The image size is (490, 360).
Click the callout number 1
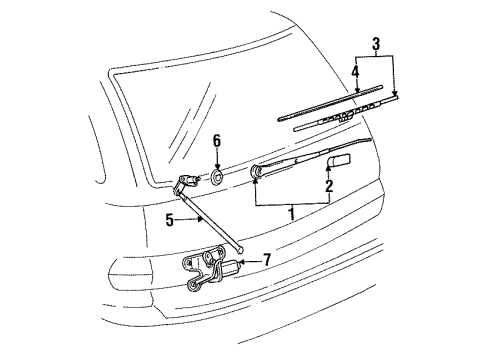[x=292, y=213]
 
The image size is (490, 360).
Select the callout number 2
[x=329, y=186]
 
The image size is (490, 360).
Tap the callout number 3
[x=376, y=43]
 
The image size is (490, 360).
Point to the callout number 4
[x=356, y=72]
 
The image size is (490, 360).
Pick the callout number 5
[x=170, y=220]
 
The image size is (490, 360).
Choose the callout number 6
[x=217, y=141]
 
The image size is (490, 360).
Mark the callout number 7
[x=267, y=260]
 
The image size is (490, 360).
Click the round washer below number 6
[x=217, y=176]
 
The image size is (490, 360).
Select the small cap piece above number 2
[x=339, y=160]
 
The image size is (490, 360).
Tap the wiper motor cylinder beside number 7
[x=229, y=266]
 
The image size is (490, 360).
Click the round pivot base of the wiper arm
[x=256, y=171]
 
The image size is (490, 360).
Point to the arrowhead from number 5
[x=200, y=219]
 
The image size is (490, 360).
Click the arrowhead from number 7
[x=242, y=262]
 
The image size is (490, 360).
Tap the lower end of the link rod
[x=241, y=248]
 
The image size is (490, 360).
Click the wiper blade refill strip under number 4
[x=330, y=103]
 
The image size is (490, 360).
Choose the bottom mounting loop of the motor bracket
[x=192, y=285]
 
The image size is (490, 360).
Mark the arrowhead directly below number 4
[x=356, y=90]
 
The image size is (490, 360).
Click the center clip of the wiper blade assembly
[x=345, y=116]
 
